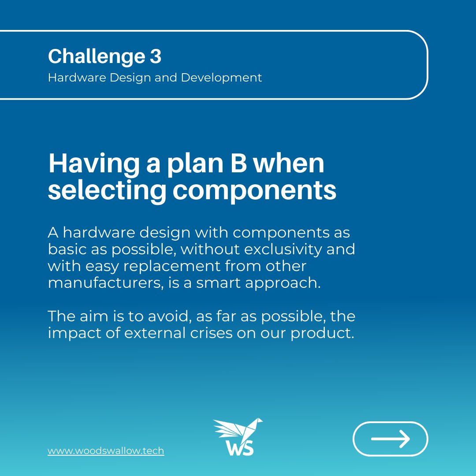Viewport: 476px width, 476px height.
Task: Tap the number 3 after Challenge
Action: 155,56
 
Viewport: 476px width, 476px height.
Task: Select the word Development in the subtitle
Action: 221,78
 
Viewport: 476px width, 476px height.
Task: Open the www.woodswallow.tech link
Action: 106,451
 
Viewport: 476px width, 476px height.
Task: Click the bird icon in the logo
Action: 238,429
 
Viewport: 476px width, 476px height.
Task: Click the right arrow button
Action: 390,439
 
